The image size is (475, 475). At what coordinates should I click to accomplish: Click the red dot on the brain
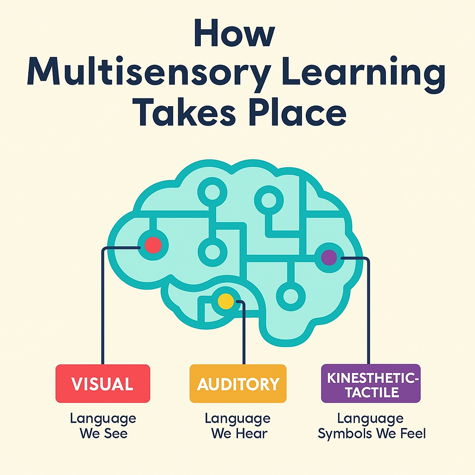tap(153, 245)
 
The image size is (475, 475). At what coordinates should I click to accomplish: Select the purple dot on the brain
tap(329, 257)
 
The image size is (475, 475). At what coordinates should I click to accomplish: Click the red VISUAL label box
tap(103, 384)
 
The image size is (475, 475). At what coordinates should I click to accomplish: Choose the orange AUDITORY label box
tap(238, 384)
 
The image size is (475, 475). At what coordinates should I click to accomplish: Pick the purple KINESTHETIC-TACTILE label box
tap(370, 384)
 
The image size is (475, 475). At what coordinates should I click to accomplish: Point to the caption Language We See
tap(103, 426)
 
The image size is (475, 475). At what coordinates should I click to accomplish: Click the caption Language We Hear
tap(237, 426)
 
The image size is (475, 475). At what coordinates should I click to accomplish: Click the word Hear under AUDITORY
tap(251, 434)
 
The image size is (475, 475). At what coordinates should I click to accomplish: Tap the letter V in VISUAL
tap(77, 384)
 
